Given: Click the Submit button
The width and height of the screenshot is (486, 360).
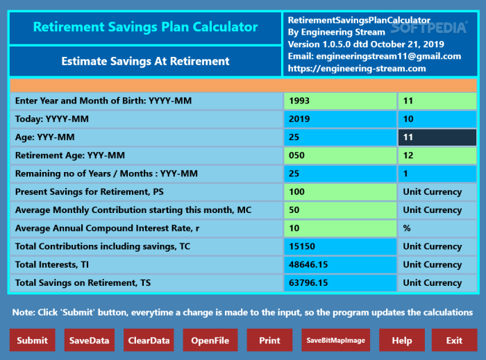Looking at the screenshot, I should pyautogui.click(x=32, y=340).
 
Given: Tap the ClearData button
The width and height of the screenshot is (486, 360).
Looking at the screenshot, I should pyautogui.click(x=149, y=340).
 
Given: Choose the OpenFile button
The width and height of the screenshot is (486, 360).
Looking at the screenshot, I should pyautogui.click(x=210, y=340).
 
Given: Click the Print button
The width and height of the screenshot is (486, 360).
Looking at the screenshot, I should pyautogui.click(x=269, y=340).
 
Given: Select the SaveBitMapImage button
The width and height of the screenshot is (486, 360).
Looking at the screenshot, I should pyautogui.click(x=336, y=340).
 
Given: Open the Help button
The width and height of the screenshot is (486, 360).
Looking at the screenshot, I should pyautogui.click(x=401, y=340).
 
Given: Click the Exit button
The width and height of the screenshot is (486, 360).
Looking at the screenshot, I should pyautogui.click(x=454, y=340).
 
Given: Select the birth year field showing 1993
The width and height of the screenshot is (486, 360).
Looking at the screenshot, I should pyautogui.click(x=340, y=101).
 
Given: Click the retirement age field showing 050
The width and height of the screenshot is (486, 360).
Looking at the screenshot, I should pyautogui.click(x=340, y=155).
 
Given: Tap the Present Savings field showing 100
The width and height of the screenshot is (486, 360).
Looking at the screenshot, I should pyautogui.click(x=340, y=191).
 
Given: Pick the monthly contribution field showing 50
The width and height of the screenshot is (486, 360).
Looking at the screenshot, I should pyautogui.click(x=340, y=209).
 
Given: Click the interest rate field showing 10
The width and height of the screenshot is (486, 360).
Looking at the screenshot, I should pyautogui.click(x=340, y=228).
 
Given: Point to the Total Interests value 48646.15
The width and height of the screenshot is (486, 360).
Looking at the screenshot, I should pyautogui.click(x=340, y=264).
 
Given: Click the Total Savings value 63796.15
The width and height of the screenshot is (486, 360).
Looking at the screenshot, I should pyautogui.click(x=340, y=282).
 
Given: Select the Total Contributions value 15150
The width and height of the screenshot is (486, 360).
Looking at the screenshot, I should pyautogui.click(x=340, y=246).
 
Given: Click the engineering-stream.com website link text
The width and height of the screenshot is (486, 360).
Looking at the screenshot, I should pyautogui.click(x=356, y=69).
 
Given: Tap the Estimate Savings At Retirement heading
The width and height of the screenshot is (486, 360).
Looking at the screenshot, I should pyautogui.click(x=145, y=61).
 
